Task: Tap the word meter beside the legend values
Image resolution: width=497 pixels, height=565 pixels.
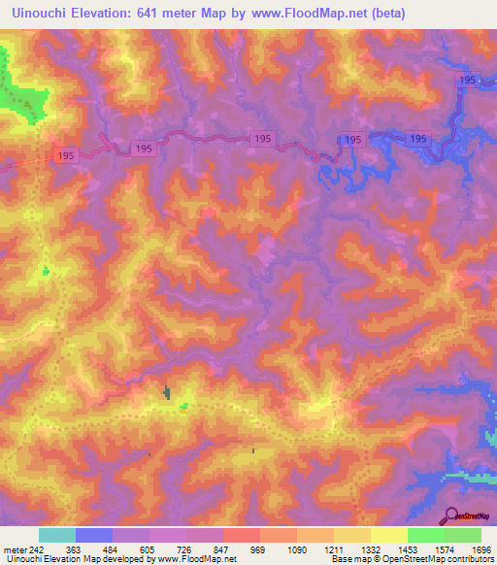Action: pyautogui.click(x=14, y=549)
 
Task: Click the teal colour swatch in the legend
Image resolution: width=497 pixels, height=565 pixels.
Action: pyautogui.click(x=56, y=535)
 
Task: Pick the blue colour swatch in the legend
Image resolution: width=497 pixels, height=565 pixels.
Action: pyautogui.click(x=93, y=535)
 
